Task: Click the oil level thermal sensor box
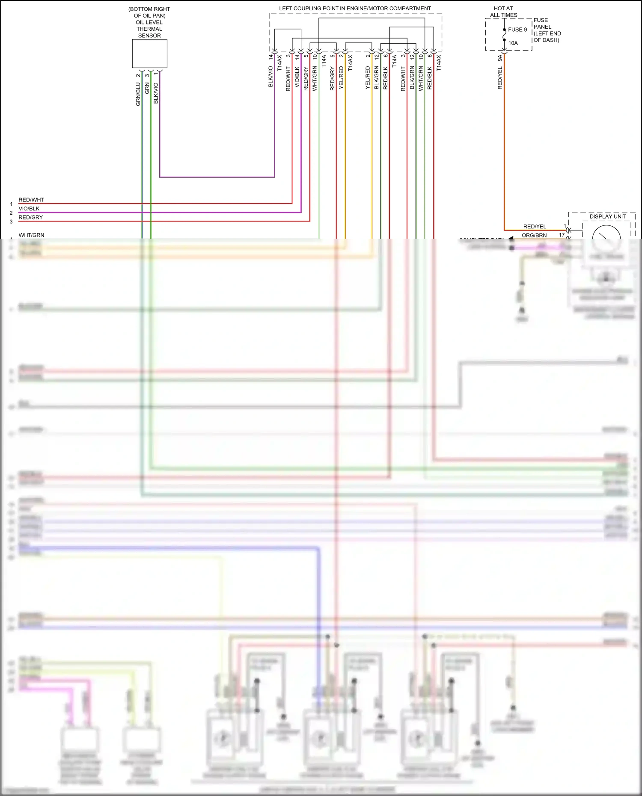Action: tap(149, 53)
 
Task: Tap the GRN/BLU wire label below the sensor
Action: tap(138, 94)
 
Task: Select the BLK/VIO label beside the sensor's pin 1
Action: tap(156, 93)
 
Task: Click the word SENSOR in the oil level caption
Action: tap(149, 36)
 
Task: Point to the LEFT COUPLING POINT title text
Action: tap(355, 9)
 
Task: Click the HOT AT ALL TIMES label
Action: tap(503, 12)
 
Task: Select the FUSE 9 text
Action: tap(517, 30)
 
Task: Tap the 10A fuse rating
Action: tap(513, 43)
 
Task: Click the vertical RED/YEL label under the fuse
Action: tap(500, 78)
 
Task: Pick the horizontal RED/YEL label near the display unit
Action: tap(535, 227)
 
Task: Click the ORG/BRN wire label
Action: tap(534, 235)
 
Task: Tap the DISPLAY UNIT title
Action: tap(607, 216)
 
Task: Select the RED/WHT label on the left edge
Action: tap(31, 200)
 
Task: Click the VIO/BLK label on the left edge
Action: tap(29, 209)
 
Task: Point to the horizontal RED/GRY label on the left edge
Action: tap(30, 217)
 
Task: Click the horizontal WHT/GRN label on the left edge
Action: tap(31, 235)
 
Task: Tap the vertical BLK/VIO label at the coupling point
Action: tap(270, 77)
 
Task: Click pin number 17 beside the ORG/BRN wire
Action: tap(562, 235)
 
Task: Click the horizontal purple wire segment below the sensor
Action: tap(217, 177)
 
